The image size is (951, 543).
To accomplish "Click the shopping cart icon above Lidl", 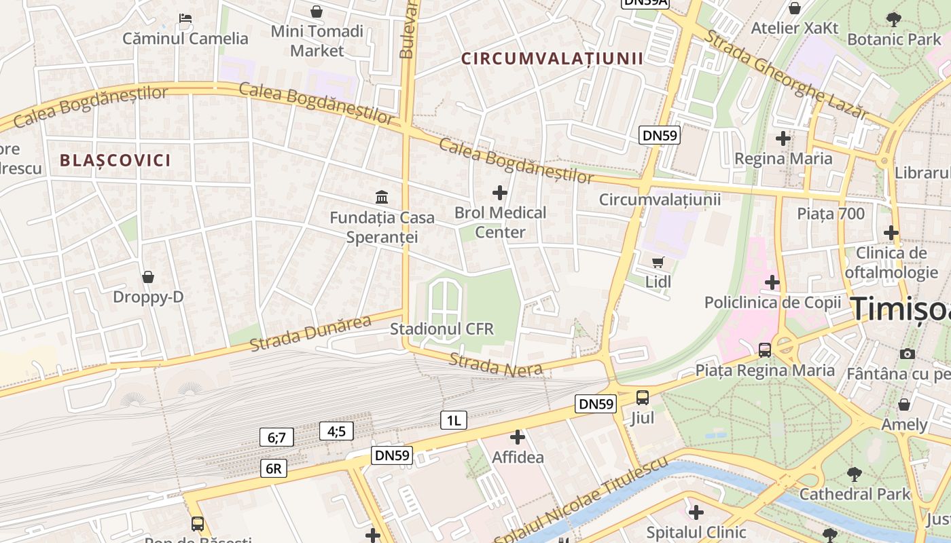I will click(x=658, y=262).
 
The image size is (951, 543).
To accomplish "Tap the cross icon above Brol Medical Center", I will click(x=500, y=193).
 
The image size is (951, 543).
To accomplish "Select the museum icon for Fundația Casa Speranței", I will click(x=382, y=198).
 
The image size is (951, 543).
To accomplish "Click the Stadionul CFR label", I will click(x=442, y=329).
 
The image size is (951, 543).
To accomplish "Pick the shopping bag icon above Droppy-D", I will click(x=148, y=277).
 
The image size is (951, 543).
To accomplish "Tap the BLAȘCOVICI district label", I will click(x=115, y=161).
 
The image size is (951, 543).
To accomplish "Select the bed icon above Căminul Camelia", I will click(x=185, y=18).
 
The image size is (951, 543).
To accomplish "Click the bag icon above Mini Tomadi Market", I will click(x=317, y=12).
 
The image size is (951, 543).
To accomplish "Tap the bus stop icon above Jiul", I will click(x=642, y=398).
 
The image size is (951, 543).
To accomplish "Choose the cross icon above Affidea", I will click(x=518, y=437).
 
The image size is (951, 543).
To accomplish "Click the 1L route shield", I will click(x=454, y=420).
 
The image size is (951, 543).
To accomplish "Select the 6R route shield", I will click(x=274, y=468).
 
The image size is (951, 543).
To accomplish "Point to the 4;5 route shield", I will click(x=336, y=431).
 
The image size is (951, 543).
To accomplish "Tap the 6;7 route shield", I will click(x=276, y=437).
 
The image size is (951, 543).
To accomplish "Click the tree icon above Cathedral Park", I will click(x=855, y=474).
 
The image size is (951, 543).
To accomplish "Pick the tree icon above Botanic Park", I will click(x=894, y=19).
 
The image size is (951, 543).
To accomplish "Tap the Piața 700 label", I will click(x=831, y=214).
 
